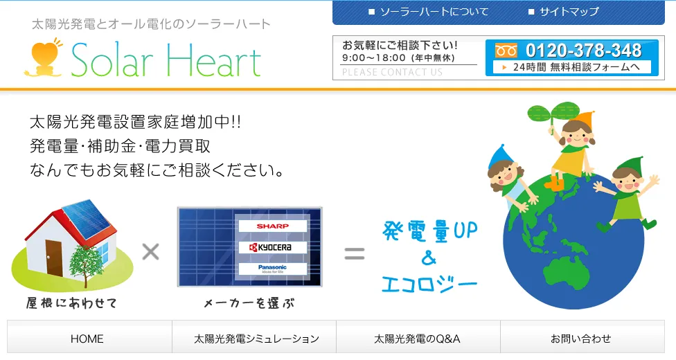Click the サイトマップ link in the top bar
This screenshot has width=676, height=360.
pyautogui.click(x=564, y=12)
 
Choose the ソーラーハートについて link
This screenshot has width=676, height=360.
pyautogui.click(x=429, y=12)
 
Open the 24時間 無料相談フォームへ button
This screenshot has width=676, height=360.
pyautogui.click(x=572, y=67)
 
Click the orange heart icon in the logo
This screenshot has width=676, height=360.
pyautogui.click(x=44, y=57)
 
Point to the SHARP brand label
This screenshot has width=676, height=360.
pyautogui.click(x=272, y=226)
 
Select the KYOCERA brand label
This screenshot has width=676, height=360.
pyautogui.click(x=272, y=247)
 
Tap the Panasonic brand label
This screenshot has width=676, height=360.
pyautogui.click(x=272, y=269)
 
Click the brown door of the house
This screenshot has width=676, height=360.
pyautogui.click(x=54, y=258)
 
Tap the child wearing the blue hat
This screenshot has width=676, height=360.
pyautogui.click(x=508, y=177)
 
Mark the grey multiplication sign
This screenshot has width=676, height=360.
pyautogui.click(x=151, y=252)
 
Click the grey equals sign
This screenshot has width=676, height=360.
pyautogui.click(x=355, y=253)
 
